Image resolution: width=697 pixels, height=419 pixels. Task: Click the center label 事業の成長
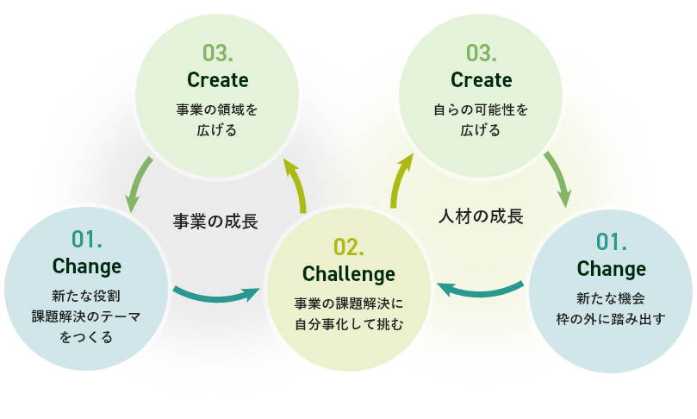215,222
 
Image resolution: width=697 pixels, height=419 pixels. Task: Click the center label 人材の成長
481,216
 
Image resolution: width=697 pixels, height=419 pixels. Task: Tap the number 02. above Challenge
348,247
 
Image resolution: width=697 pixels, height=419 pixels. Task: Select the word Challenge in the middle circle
348,274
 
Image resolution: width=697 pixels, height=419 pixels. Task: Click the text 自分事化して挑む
348,324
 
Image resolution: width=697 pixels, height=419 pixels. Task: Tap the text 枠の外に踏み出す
611,319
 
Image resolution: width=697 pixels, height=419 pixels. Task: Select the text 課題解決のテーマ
86,316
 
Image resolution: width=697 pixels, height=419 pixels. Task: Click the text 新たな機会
611,298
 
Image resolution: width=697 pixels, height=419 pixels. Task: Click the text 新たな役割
86,296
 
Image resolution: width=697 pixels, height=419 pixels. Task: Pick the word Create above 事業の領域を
217,80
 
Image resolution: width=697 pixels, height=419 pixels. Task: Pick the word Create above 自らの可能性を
481,80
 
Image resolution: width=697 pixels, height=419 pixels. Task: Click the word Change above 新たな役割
86,266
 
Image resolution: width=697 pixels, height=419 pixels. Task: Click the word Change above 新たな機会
611,268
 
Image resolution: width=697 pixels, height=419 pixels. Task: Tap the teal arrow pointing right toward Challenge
215,295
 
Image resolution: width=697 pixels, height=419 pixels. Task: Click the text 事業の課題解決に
348,303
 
